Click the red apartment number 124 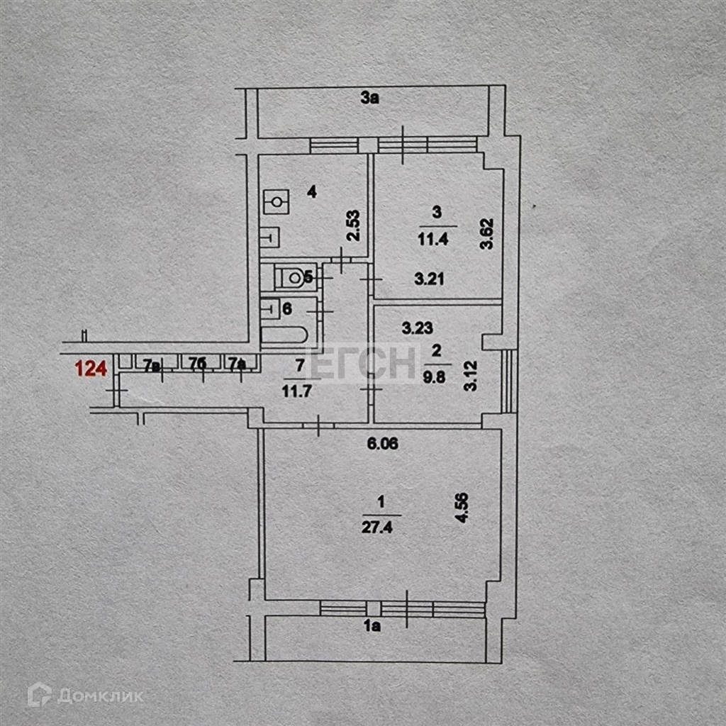click(91, 369)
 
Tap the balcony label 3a click(369, 99)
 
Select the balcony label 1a click(373, 626)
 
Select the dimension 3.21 click(430, 279)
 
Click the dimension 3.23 click(417, 328)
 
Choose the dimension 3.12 click(470, 376)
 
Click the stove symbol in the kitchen click(276, 201)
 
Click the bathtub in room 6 click(284, 335)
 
